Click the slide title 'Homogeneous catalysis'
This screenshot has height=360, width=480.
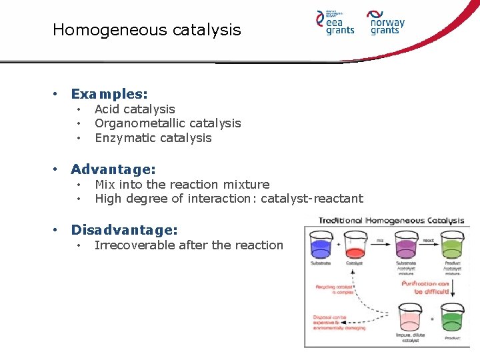click(147, 30)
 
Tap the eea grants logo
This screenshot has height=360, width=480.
click(335, 23)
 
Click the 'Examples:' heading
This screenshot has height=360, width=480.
click(109, 94)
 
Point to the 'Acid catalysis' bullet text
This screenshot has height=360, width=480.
click(135, 109)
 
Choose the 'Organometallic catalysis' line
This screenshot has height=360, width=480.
click(167, 123)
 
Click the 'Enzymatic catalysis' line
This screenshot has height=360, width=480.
click(153, 138)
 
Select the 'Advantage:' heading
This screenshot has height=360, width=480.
click(113, 169)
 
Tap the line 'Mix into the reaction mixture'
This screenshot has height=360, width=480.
click(182, 185)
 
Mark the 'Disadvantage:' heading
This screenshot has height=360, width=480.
click(124, 230)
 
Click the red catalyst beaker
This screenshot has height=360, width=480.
click(355, 244)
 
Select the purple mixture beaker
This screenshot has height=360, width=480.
click(407, 244)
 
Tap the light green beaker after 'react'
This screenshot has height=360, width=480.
click(453, 244)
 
